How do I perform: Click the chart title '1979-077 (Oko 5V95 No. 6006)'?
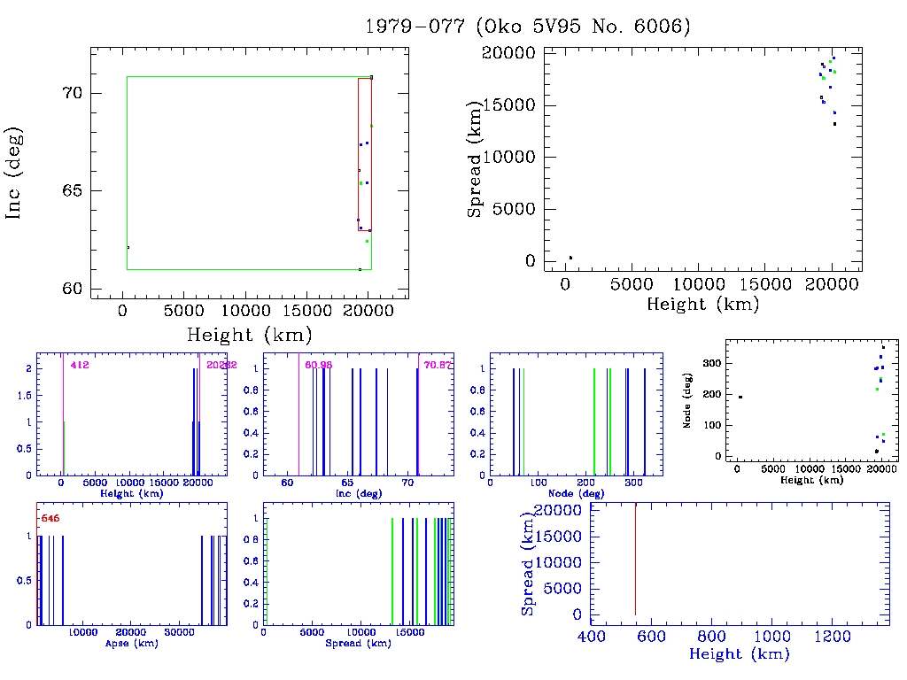click(528, 27)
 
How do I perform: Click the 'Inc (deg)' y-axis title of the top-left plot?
click(15, 173)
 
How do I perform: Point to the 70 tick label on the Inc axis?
click(74, 93)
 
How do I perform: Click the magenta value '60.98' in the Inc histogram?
click(316, 365)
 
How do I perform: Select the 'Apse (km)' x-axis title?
click(131, 644)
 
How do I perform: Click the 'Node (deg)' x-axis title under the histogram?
click(577, 493)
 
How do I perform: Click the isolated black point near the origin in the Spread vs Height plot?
click(570, 258)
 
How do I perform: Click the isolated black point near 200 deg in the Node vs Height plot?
click(740, 397)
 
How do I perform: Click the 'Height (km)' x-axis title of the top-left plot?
click(249, 335)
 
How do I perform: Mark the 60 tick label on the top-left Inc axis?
click(74, 290)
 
